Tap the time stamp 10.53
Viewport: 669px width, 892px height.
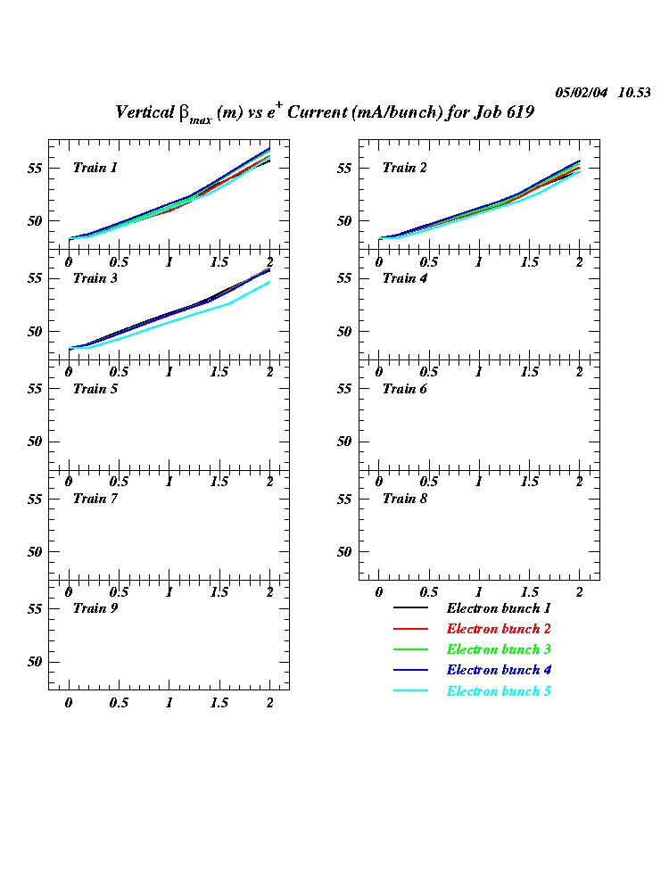tap(634, 93)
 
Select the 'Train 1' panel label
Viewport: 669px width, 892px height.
tap(95, 168)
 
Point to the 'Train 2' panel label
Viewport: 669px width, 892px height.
tap(405, 168)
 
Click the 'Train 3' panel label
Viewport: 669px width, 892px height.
tap(95, 278)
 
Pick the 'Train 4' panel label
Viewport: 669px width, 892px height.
tap(405, 278)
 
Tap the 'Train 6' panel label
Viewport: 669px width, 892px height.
tap(405, 389)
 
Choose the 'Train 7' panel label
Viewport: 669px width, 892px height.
tap(95, 499)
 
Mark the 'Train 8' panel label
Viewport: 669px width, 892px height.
tap(405, 499)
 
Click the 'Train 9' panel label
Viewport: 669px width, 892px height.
tap(95, 608)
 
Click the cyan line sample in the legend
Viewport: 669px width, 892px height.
tap(410, 692)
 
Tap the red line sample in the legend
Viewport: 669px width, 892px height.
tap(410, 630)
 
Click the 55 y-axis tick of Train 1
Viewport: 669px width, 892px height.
tap(36, 168)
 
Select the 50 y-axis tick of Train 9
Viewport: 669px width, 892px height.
tap(36, 662)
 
